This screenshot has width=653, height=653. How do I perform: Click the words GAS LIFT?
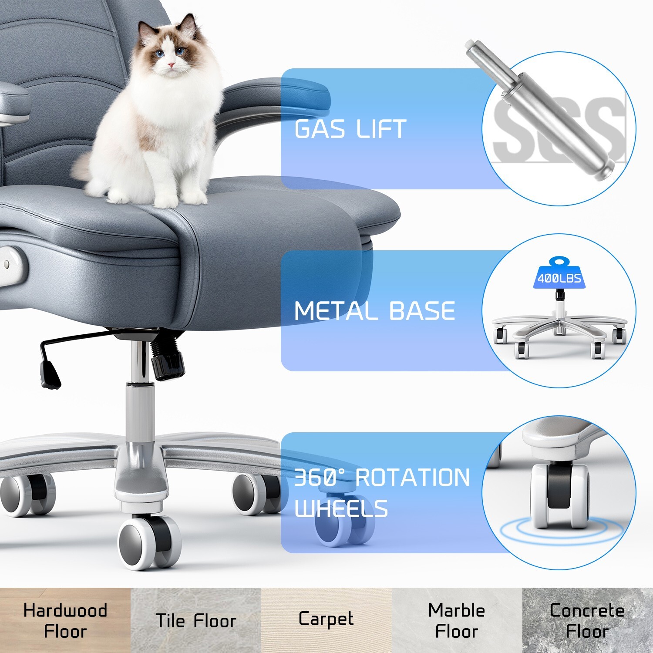coord(350,129)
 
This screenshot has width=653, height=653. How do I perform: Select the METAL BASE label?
coord(374,311)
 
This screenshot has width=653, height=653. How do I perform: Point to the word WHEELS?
coord(341,508)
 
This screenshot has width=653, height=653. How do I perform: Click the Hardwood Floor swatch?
coord(65,620)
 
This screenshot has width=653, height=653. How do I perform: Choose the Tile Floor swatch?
coord(196,620)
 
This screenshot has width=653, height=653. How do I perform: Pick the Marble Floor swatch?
coord(457,620)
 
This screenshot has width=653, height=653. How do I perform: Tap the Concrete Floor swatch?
coord(587,620)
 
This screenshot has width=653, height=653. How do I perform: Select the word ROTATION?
coord(412,478)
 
